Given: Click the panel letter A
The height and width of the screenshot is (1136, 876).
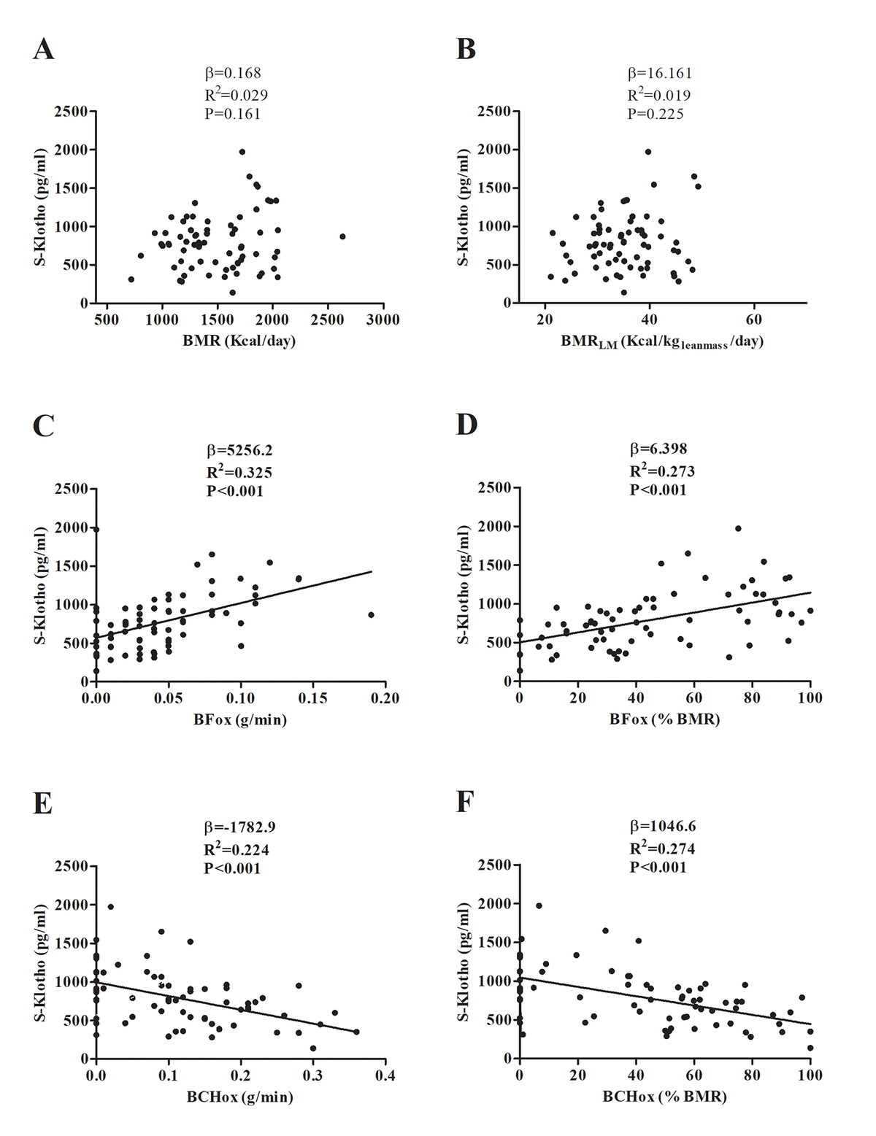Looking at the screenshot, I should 44,50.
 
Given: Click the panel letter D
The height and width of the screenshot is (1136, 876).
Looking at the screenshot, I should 466,425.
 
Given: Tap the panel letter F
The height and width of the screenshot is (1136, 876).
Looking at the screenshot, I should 466,803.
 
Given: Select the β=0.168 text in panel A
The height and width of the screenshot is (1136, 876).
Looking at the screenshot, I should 232,73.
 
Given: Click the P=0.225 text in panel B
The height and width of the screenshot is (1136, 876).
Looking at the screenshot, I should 656,113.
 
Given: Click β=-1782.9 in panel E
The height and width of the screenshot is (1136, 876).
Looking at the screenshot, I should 239,827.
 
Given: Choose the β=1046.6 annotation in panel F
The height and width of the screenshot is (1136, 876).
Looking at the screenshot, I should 662,827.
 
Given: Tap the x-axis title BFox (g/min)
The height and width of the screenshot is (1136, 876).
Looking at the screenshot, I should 240,719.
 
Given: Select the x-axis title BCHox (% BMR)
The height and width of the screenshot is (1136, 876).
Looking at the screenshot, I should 664,1097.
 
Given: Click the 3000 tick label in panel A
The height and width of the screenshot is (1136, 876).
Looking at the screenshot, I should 383,320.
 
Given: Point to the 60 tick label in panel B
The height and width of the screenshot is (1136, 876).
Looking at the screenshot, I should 754,320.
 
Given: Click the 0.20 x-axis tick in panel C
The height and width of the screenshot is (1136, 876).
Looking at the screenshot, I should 385,698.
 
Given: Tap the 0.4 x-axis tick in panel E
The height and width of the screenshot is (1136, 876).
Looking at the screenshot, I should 385,1075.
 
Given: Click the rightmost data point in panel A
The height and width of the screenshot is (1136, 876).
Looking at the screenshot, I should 342,236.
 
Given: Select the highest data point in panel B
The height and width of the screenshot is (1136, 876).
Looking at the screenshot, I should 648,152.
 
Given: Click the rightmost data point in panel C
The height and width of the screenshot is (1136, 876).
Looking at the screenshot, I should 371,615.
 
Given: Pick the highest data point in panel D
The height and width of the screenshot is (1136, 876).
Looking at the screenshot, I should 738,528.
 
